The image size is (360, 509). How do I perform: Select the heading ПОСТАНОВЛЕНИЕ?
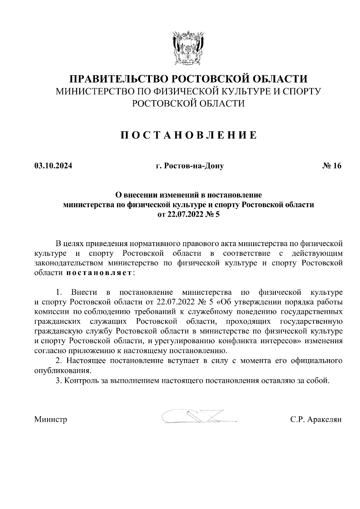pyautogui.click(x=189, y=135)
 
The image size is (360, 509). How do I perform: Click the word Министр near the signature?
pyautogui.click(x=51, y=419)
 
